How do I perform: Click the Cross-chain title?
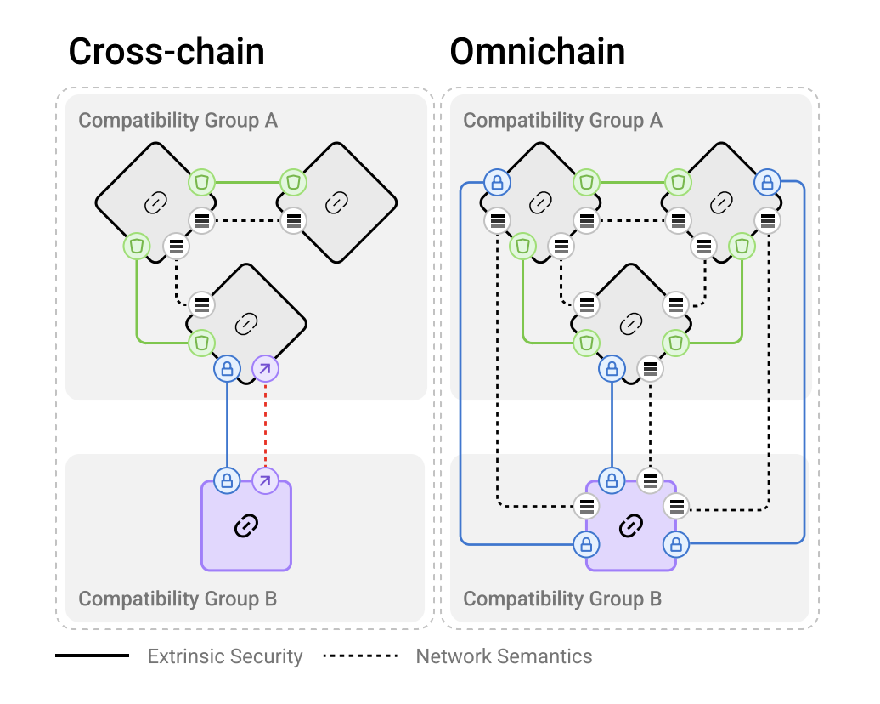[166, 52]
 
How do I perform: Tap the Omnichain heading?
[538, 52]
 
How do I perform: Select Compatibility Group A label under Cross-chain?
[178, 120]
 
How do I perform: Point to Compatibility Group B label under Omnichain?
[562, 599]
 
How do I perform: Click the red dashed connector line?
[266, 424]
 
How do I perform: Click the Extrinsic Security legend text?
[225, 656]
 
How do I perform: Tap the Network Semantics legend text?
[504, 656]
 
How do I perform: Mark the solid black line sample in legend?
[92, 656]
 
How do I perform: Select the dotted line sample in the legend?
[361, 656]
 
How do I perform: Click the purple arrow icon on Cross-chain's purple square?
[265, 480]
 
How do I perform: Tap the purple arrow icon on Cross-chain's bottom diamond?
[265, 369]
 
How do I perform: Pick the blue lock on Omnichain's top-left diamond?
[497, 181]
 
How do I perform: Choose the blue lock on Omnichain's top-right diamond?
[767, 181]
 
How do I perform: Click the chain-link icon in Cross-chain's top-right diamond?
[337, 202]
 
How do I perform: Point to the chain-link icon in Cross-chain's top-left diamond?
[155, 202]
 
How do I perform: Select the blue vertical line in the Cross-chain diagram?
[227, 424]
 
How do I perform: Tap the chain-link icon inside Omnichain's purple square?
[630, 527]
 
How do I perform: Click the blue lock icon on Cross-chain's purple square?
[227, 480]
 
